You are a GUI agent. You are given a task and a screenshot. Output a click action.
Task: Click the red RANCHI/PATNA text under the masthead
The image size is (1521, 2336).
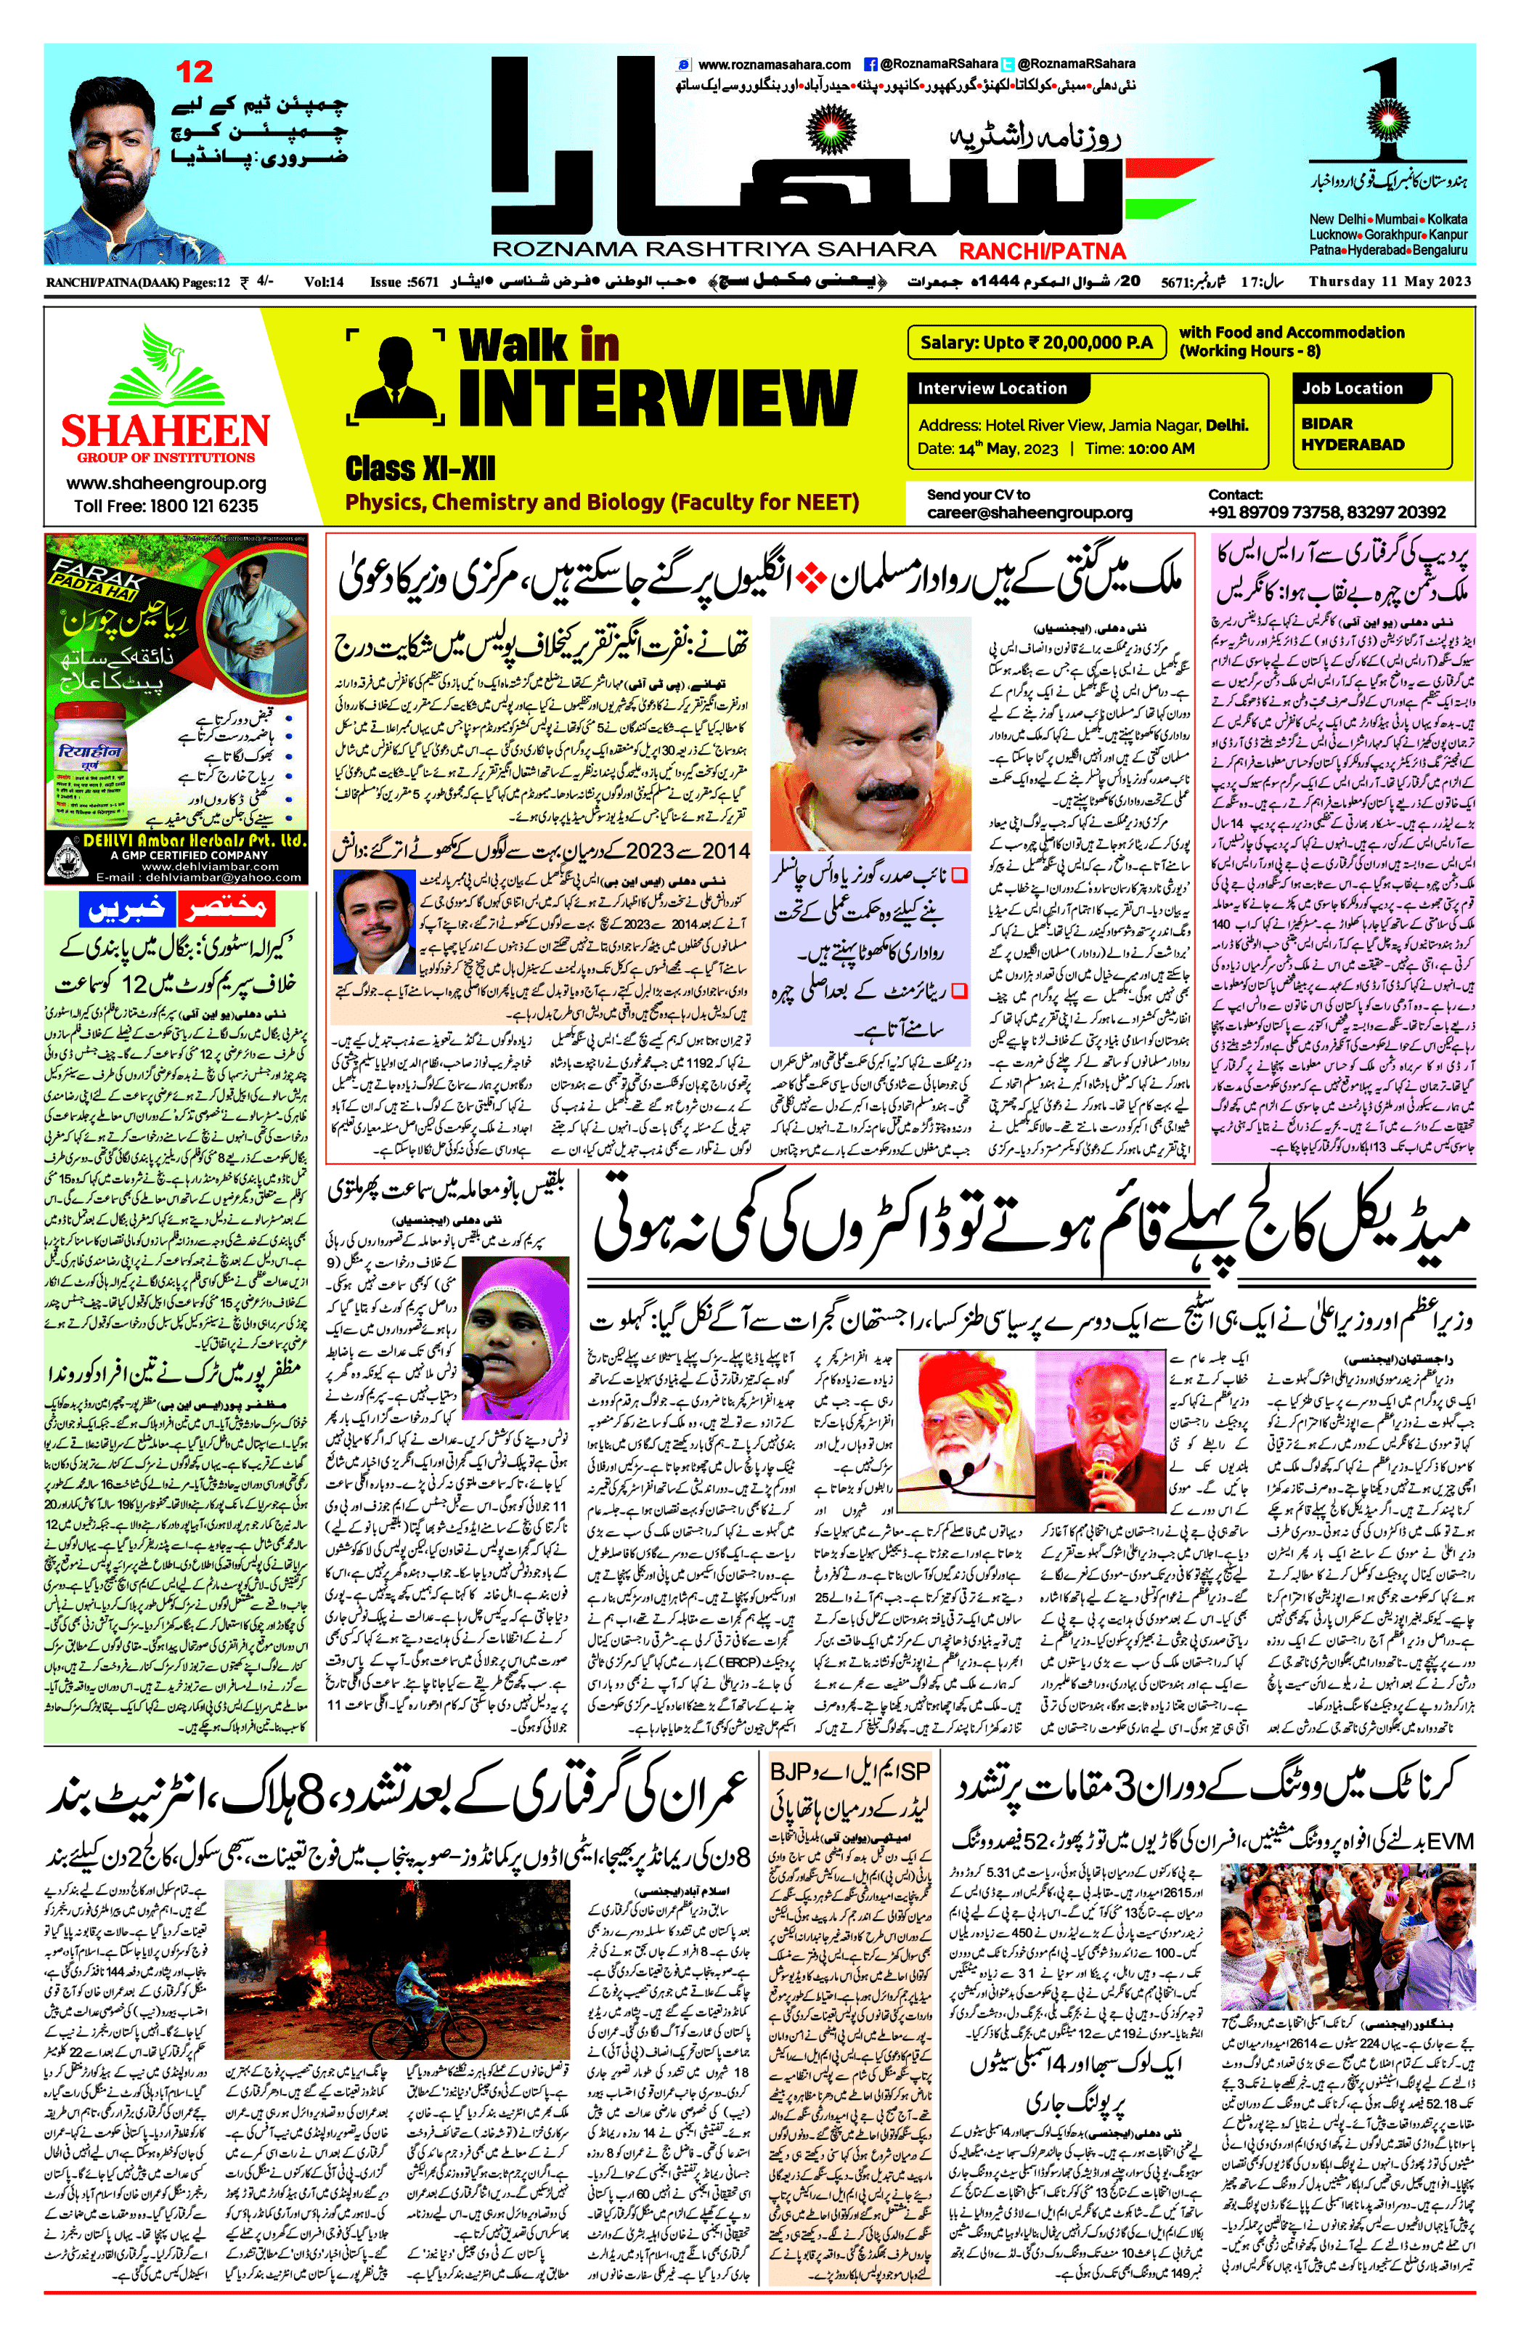point(1041,251)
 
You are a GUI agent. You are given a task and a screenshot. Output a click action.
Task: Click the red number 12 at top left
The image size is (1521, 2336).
point(195,72)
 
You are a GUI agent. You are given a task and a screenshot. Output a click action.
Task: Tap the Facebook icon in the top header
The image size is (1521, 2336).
point(870,64)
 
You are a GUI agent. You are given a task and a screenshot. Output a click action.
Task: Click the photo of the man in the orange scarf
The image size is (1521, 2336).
point(870,735)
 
